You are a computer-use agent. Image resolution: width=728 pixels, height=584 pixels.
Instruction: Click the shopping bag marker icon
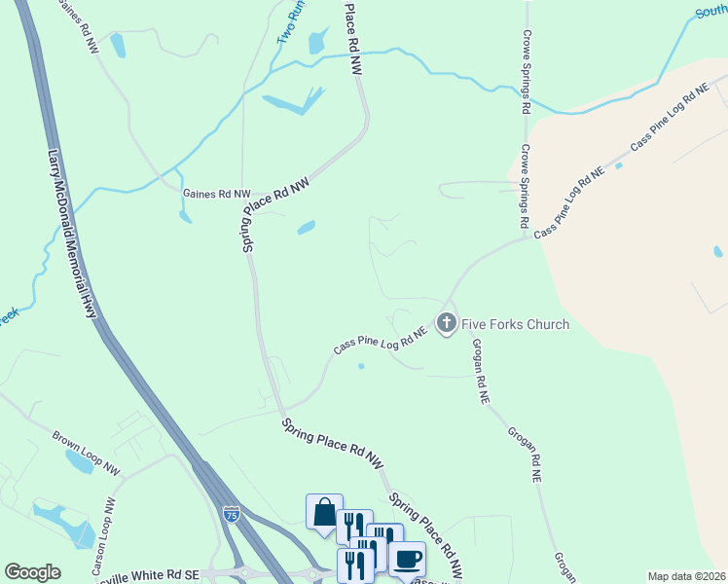[324, 512]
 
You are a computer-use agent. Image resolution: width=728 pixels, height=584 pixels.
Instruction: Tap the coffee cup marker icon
[407, 559]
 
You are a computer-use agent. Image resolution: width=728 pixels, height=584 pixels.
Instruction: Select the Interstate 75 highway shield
[231, 511]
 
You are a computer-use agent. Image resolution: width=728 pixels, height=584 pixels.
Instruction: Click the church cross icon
[447, 322]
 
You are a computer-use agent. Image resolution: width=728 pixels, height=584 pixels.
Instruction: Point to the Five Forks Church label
[516, 323]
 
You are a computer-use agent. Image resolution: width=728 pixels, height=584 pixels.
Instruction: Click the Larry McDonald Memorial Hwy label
[73, 235]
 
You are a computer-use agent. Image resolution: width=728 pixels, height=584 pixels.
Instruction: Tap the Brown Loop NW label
[87, 454]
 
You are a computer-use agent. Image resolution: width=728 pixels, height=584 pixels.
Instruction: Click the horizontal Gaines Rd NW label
[216, 194]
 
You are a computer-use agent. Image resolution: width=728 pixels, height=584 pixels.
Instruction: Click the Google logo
[32, 572]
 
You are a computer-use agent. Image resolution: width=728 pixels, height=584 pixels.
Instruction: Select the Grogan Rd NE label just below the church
[479, 371]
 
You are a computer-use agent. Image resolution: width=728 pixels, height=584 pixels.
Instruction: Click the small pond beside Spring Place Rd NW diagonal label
[306, 228]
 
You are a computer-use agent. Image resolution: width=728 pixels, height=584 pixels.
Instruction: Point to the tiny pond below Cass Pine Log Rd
[361, 367]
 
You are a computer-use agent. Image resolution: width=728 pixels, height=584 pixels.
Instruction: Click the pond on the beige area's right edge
[718, 251]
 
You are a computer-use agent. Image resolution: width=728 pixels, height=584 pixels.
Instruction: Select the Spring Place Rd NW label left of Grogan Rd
[332, 447]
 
